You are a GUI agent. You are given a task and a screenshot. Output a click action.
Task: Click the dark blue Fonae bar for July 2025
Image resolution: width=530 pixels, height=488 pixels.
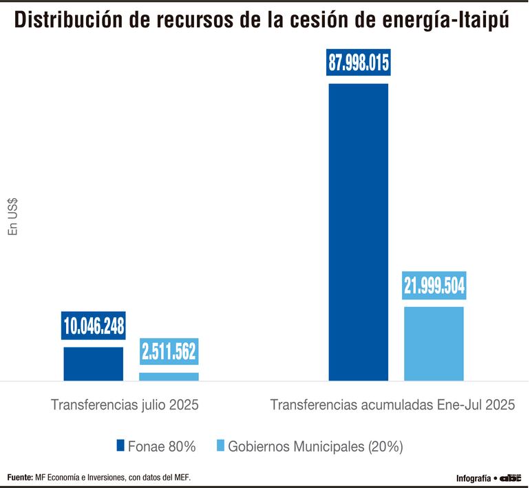94,363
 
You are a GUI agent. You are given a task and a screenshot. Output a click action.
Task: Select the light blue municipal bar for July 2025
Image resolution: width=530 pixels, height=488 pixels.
169,376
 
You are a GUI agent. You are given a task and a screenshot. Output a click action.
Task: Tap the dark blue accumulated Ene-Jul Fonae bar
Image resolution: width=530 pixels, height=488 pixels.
358,231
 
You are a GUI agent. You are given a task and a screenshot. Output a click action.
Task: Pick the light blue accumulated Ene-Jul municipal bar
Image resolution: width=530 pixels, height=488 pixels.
434,343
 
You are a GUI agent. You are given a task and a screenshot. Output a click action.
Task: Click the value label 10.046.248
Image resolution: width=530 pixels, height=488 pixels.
94,326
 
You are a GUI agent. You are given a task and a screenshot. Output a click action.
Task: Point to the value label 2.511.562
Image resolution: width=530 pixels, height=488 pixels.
169,352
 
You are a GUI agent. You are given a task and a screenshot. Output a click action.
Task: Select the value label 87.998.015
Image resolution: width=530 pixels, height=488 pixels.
359,63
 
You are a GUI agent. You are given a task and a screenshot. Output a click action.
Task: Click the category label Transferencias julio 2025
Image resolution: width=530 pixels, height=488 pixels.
125,405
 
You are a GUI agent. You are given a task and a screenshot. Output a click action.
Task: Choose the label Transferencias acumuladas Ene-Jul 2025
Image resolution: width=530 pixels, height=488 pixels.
392,405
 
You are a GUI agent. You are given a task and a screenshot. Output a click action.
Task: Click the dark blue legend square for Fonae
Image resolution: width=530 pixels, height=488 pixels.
120,446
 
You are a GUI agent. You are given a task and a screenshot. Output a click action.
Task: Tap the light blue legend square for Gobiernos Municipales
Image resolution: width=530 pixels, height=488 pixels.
220,446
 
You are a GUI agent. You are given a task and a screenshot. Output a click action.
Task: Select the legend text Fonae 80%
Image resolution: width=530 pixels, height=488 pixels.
162,447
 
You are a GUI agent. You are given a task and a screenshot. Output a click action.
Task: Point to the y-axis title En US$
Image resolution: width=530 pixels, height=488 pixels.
13,217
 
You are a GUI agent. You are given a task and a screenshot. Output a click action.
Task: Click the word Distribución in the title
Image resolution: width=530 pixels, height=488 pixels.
70,21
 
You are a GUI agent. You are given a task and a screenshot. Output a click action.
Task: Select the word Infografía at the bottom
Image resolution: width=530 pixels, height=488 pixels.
474,478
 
